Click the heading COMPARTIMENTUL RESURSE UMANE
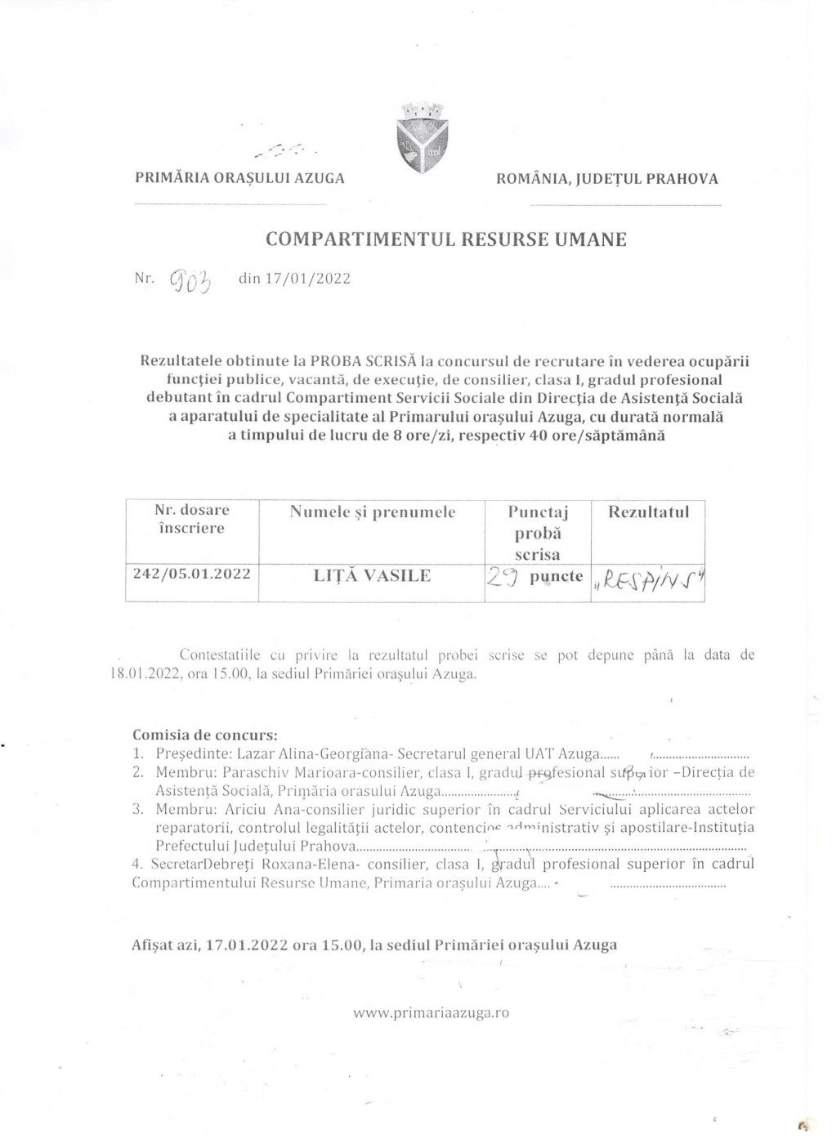[x=446, y=239]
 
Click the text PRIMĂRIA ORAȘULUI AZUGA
[x=239, y=178]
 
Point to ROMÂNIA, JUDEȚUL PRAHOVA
[x=607, y=178]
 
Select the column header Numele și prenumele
[x=372, y=512]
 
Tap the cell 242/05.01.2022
[x=192, y=574]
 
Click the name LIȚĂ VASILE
[x=372, y=575]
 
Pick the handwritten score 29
[x=499, y=578]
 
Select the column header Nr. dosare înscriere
[x=192, y=519]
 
